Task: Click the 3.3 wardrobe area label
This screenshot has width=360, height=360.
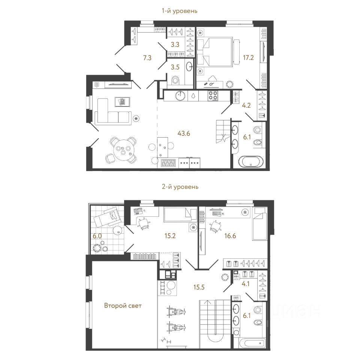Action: (175, 44)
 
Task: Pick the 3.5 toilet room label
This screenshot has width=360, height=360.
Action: (175, 69)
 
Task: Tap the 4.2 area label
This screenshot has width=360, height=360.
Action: (246, 105)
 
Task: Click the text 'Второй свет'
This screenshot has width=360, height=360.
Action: (123, 306)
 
